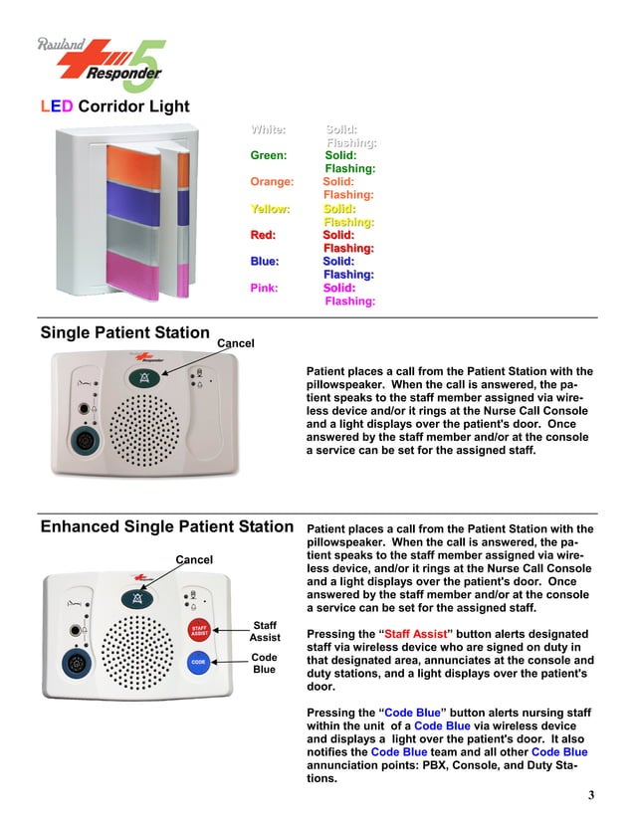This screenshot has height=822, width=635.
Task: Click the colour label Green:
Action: pos(269,155)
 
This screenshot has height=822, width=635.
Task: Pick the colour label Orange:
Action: pos(272,182)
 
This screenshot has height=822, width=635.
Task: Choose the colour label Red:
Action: pos(263,235)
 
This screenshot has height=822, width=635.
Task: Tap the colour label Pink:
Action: pos(265,288)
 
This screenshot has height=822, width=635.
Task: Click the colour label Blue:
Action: pos(265,261)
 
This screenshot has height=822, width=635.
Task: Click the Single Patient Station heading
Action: pos(124,333)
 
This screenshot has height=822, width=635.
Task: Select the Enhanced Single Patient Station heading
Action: pos(166,526)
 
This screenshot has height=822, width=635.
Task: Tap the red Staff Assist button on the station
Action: pos(199,629)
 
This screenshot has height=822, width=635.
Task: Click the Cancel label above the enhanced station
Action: pos(194,559)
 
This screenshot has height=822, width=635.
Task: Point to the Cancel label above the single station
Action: pos(236,343)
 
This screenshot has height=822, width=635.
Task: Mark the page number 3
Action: pos(590,794)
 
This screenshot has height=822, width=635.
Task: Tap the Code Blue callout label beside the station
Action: pos(265,664)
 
